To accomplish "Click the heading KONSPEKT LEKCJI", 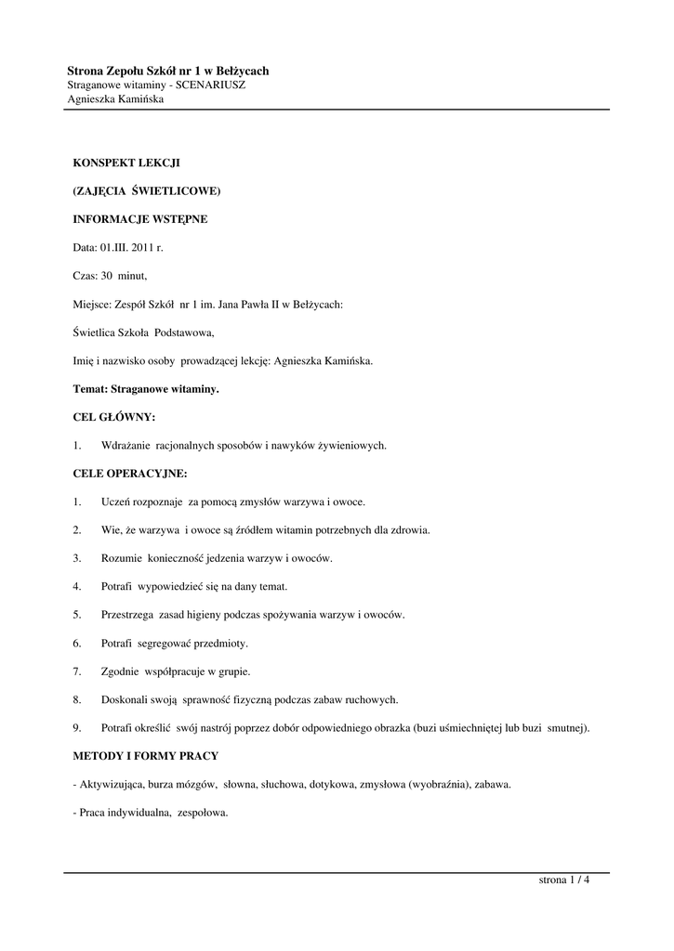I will pos(126,163).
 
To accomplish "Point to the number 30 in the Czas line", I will pos(107,276).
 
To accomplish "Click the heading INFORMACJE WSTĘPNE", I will pos(139,220).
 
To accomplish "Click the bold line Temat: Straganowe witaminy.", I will pos(146,389).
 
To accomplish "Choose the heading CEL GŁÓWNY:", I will pos(114,417).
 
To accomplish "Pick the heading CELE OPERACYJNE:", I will pos(129,474).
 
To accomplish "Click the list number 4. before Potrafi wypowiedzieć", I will pos(77,587).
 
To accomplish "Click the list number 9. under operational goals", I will pos(77,728).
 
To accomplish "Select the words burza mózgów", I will pos(187,785).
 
